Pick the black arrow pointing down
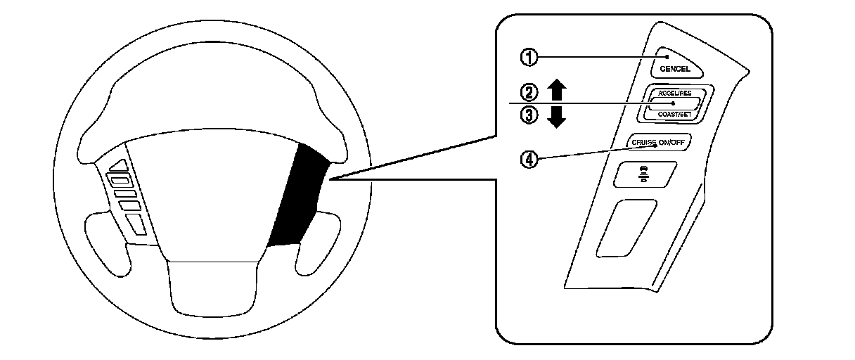556,117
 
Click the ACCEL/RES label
674,94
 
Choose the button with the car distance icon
645,174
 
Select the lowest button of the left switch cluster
136,224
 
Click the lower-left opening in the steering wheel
112,243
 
